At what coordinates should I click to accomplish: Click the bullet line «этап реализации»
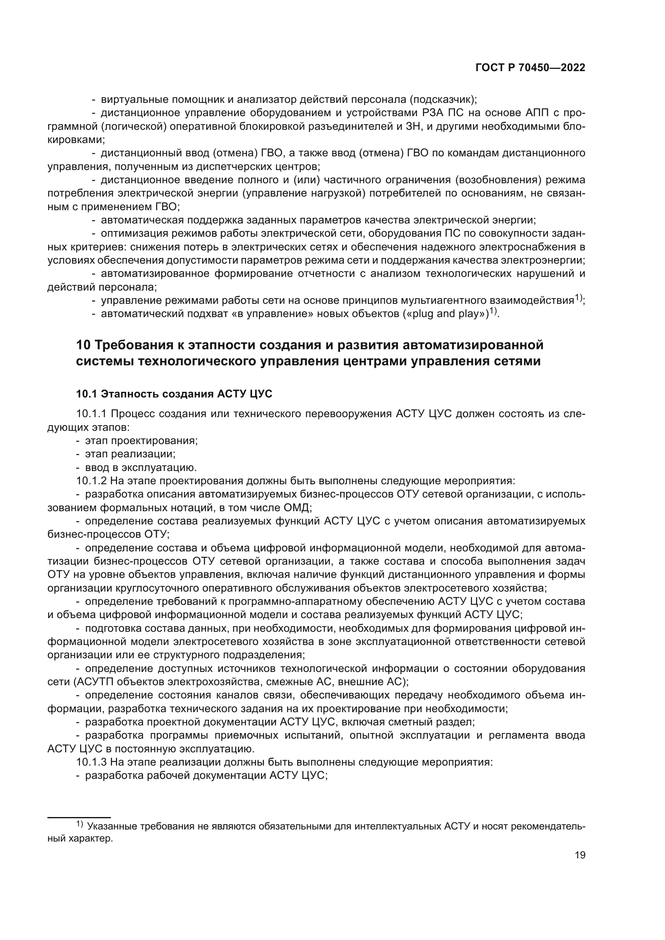click(130, 454)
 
